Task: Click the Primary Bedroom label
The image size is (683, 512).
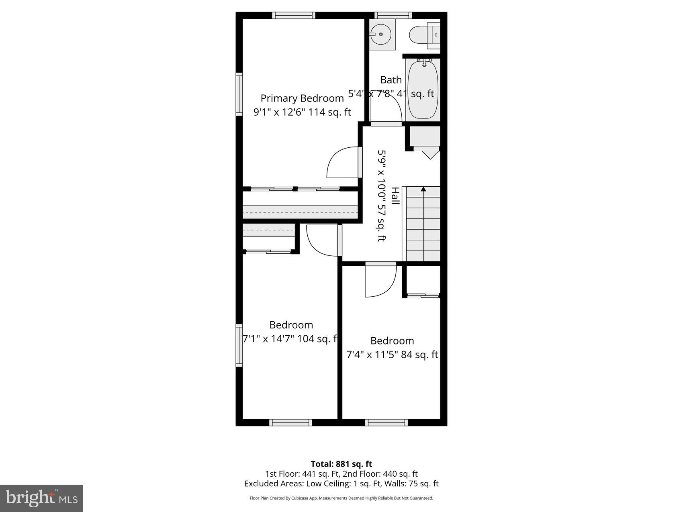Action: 302,98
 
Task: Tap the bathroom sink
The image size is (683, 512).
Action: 380,34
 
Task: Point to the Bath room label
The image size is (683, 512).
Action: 391,80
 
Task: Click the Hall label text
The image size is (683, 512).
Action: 395,196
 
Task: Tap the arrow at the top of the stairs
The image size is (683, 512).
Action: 423,189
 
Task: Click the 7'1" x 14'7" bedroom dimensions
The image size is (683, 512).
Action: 290,339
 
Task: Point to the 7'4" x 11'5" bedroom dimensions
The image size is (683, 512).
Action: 392,355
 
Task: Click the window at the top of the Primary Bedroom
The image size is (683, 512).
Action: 294,16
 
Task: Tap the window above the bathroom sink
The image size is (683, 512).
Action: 393,16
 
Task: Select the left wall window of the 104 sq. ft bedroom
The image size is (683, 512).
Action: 239,345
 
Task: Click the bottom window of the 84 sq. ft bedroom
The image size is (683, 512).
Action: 386,422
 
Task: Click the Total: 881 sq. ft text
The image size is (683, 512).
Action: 341,464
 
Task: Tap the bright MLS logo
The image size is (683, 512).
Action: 42,498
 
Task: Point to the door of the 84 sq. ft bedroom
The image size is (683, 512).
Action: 380,280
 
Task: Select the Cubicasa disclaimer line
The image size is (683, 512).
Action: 341,498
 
